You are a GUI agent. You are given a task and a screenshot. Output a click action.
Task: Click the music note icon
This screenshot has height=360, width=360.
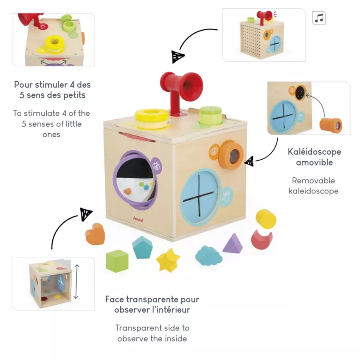[319, 18]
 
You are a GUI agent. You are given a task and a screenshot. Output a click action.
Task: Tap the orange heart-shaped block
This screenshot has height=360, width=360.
[95, 234]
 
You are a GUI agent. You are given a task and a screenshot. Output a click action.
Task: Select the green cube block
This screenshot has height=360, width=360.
[117, 261]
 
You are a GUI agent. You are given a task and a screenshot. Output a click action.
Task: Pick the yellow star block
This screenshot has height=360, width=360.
[168, 261]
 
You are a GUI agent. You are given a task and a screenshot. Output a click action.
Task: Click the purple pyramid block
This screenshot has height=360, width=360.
[233, 243]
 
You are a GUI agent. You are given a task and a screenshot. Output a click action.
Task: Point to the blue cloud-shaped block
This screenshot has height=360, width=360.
[208, 255]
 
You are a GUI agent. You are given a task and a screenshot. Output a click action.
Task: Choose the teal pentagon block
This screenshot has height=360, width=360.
[142, 247]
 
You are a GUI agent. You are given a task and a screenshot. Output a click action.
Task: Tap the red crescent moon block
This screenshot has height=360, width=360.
[261, 239]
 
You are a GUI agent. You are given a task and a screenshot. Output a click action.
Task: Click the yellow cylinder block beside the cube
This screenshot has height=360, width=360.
[266, 219]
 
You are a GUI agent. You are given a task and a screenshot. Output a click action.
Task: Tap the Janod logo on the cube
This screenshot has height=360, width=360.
[138, 219]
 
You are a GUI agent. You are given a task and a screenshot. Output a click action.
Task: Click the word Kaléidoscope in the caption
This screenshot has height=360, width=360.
[314, 152]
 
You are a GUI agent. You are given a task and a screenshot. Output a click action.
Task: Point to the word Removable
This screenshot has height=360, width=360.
[313, 180]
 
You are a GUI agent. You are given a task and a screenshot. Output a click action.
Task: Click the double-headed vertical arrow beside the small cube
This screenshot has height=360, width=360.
[76, 281]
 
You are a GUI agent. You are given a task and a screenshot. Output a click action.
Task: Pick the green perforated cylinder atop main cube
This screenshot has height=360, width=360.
[211, 115]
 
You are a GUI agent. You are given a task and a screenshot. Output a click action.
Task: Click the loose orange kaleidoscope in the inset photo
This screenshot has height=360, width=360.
[331, 125]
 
